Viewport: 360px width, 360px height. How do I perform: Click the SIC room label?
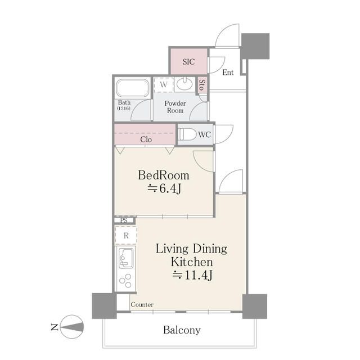tap(189, 61)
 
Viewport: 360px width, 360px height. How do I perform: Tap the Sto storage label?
tap(202, 85)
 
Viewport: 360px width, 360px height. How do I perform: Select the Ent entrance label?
tap(228, 73)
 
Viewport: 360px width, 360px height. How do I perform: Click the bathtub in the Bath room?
tap(133, 88)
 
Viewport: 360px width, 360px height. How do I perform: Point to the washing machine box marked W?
tap(164, 85)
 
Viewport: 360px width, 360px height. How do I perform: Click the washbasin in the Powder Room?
tap(184, 84)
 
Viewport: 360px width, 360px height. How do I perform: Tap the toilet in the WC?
tap(187, 134)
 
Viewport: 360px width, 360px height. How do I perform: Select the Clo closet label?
tap(146, 139)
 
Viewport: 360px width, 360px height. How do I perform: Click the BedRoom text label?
tap(164, 175)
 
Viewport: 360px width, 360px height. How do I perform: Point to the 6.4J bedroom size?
tap(165, 189)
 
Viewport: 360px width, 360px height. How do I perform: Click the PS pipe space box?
tap(124, 220)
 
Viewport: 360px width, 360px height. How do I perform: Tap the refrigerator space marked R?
tap(126, 236)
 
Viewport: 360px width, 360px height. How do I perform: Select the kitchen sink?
tap(125, 259)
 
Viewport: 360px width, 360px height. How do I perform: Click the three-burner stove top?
tap(125, 281)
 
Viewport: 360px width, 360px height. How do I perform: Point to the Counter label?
tap(142, 304)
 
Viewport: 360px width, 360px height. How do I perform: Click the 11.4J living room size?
tap(192, 275)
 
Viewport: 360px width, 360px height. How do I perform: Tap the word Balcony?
tap(182, 330)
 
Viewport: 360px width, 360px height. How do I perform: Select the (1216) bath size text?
tap(124, 108)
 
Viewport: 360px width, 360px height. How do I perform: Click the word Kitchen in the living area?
tap(192, 262)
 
